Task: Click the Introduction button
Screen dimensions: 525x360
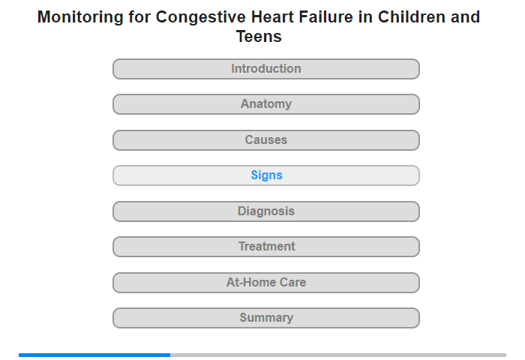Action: [266, 69]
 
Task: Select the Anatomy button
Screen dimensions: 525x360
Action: [266, 104]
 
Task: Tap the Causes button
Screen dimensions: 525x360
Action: [266, 140]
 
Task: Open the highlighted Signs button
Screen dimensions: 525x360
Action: [266, 175]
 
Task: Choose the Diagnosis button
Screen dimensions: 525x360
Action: [266, 211]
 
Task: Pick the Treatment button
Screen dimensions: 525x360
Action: [266, 247]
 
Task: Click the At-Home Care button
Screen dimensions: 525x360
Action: [266, 283]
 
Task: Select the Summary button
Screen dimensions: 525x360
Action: [266, 318]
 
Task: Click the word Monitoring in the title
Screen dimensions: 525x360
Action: [80, 17]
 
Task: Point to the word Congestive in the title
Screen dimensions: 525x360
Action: [201, 17]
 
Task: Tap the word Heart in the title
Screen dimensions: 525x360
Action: [272, 16]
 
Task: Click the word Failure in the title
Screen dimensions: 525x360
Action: [325, 16]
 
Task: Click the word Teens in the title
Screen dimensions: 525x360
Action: [259, 36]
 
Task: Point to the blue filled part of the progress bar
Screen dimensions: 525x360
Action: [94, 355]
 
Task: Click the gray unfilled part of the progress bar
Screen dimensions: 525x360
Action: [338, 355]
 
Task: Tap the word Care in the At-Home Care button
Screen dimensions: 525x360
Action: [293, 282]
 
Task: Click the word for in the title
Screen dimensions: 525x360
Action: [139, 16]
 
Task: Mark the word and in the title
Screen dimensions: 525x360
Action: [466, 16]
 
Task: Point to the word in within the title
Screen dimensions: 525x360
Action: [366, 16]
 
